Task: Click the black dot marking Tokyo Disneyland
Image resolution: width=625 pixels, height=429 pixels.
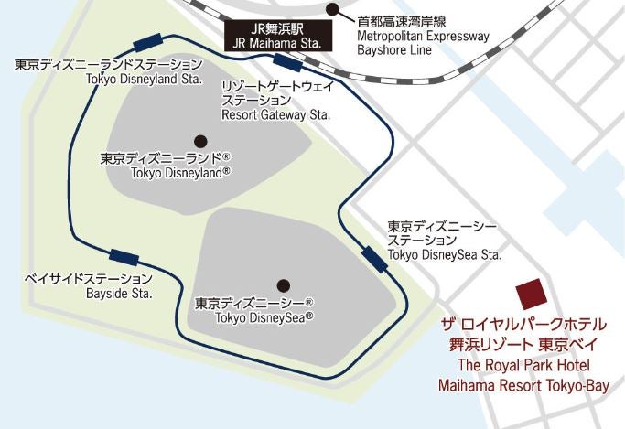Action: coord(200,141)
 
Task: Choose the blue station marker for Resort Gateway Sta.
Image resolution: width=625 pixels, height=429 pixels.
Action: coord(288,63)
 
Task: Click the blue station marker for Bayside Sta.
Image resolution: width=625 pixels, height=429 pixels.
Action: coord(124,257)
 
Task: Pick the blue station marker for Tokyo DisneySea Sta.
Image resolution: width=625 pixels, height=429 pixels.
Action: coord(373,258)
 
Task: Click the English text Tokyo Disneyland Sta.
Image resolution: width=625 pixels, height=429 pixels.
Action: coord(143,80)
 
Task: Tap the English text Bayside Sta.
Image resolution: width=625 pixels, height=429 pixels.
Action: coord(119,295)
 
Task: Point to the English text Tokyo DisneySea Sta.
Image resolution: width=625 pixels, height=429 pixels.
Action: coord(446,254)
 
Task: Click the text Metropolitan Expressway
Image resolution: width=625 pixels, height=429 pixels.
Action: coord(423,37)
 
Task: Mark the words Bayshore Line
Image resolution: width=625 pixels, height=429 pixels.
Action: coord(395,51)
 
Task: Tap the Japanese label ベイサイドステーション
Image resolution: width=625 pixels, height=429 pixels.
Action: coord(90,278)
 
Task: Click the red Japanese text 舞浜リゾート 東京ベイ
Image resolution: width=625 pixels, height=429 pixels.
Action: coord(523,345)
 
